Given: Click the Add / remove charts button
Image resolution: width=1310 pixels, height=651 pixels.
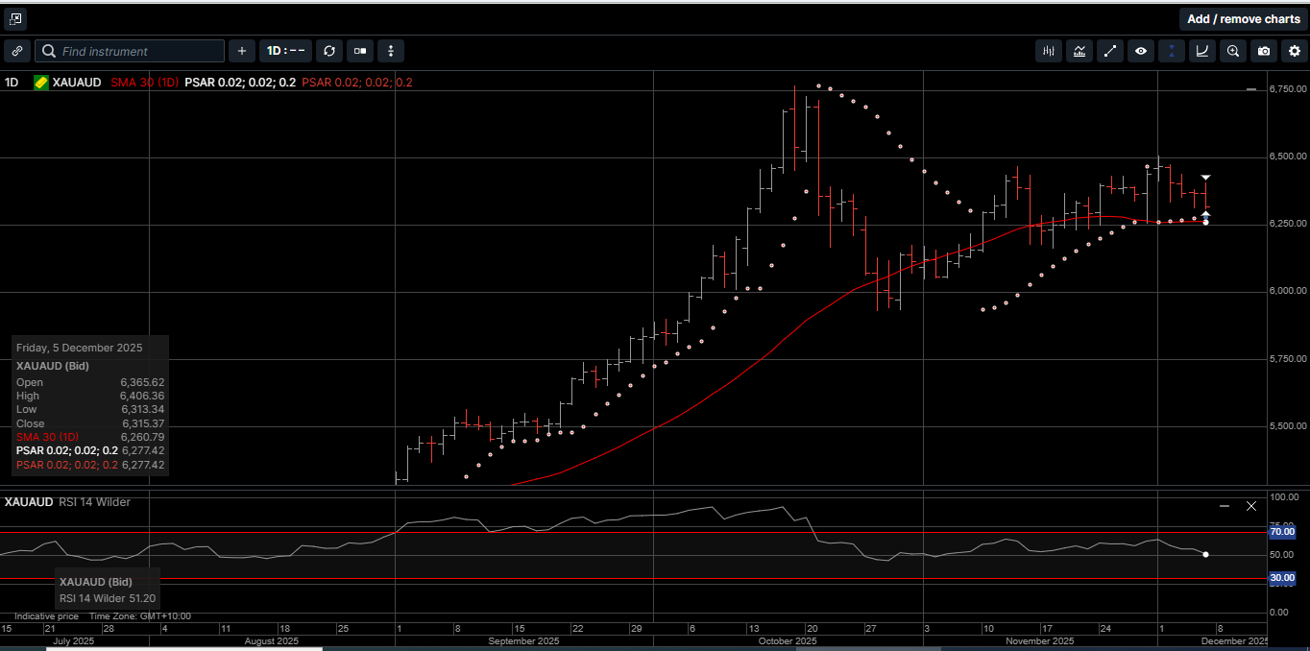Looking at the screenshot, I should click(1243, 19).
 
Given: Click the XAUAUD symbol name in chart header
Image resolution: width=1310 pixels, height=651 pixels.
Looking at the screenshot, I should click(77, 83).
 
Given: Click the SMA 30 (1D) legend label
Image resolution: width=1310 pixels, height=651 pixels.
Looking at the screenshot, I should click(143, 83).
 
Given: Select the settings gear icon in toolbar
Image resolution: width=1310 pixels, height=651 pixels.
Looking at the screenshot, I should click(1294, 51).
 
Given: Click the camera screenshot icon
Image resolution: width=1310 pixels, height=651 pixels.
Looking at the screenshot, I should click(1264, 51).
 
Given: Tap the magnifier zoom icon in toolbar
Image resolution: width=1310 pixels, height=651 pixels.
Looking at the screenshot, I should click(1233, 51).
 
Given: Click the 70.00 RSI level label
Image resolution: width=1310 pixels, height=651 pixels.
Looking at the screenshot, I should click(1282, 531).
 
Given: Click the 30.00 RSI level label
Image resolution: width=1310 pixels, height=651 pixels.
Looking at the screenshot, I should click(1282, 578).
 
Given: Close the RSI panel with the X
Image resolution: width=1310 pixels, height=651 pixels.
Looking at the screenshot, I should click(1251, 505).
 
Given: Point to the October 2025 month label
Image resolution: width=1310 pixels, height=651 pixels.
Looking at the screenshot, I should click(787, 640).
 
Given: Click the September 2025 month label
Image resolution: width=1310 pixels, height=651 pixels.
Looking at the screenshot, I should click(523, 640).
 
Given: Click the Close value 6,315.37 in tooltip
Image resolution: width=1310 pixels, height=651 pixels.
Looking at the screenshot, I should click(142, 423).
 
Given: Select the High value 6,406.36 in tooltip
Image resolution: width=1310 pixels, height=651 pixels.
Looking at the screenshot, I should click(142, 396).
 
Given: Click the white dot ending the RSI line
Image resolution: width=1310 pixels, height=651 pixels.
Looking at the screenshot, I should click(1205, 554).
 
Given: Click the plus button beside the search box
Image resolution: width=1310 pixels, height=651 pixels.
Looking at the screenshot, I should click(241, 51).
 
